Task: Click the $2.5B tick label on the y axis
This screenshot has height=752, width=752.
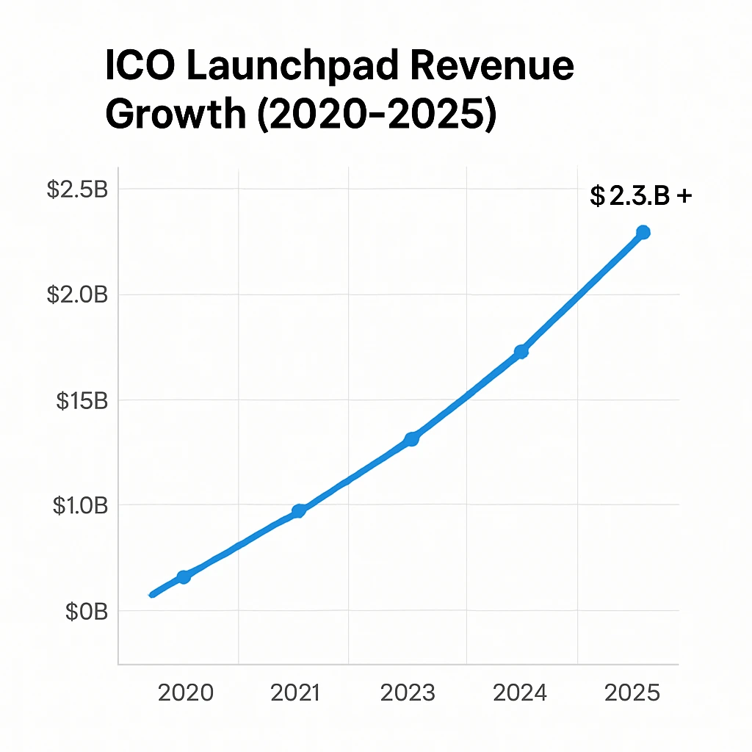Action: pyautogui.click(x=77, y=189)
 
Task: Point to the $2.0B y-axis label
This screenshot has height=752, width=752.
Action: pyautogui.click(x=77, y=295)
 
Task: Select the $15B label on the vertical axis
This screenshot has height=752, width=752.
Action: pyautogui.click(x=82, y=401)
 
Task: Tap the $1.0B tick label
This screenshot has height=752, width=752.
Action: pyautogui.click(x=80, y=506)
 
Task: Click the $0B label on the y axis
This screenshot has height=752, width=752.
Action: pyautogui.click(x=86, y=612)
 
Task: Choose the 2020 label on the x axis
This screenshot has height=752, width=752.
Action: pyautogui.click(x=186, y=693)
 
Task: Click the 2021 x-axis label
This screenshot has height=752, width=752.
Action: pyautogui.click(x=295, y=693)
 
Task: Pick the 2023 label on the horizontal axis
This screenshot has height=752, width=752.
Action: pyautogui.click(x=408, y=693)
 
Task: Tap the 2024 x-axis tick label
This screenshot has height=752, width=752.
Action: pyautogui.click(x=520, y=693)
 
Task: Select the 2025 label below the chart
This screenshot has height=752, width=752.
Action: pyautogui.click(x=632, y=693)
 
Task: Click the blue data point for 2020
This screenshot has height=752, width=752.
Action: pyautogui.click(x=184, y=577)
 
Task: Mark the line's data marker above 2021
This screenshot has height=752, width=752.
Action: pyautogui.click(x=299, y=511)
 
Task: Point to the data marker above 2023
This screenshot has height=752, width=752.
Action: pyautogui.click(x=412, y=439)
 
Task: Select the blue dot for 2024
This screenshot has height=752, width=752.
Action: pyautogui.click(x=521, y=352)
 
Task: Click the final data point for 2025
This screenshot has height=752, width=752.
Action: pyautogui.click(x=643, y=232)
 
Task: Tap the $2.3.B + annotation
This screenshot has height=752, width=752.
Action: pyautogui.click(x=640, y=196)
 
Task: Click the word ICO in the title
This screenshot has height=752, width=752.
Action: pyautogui.click(x=141, y=68)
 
